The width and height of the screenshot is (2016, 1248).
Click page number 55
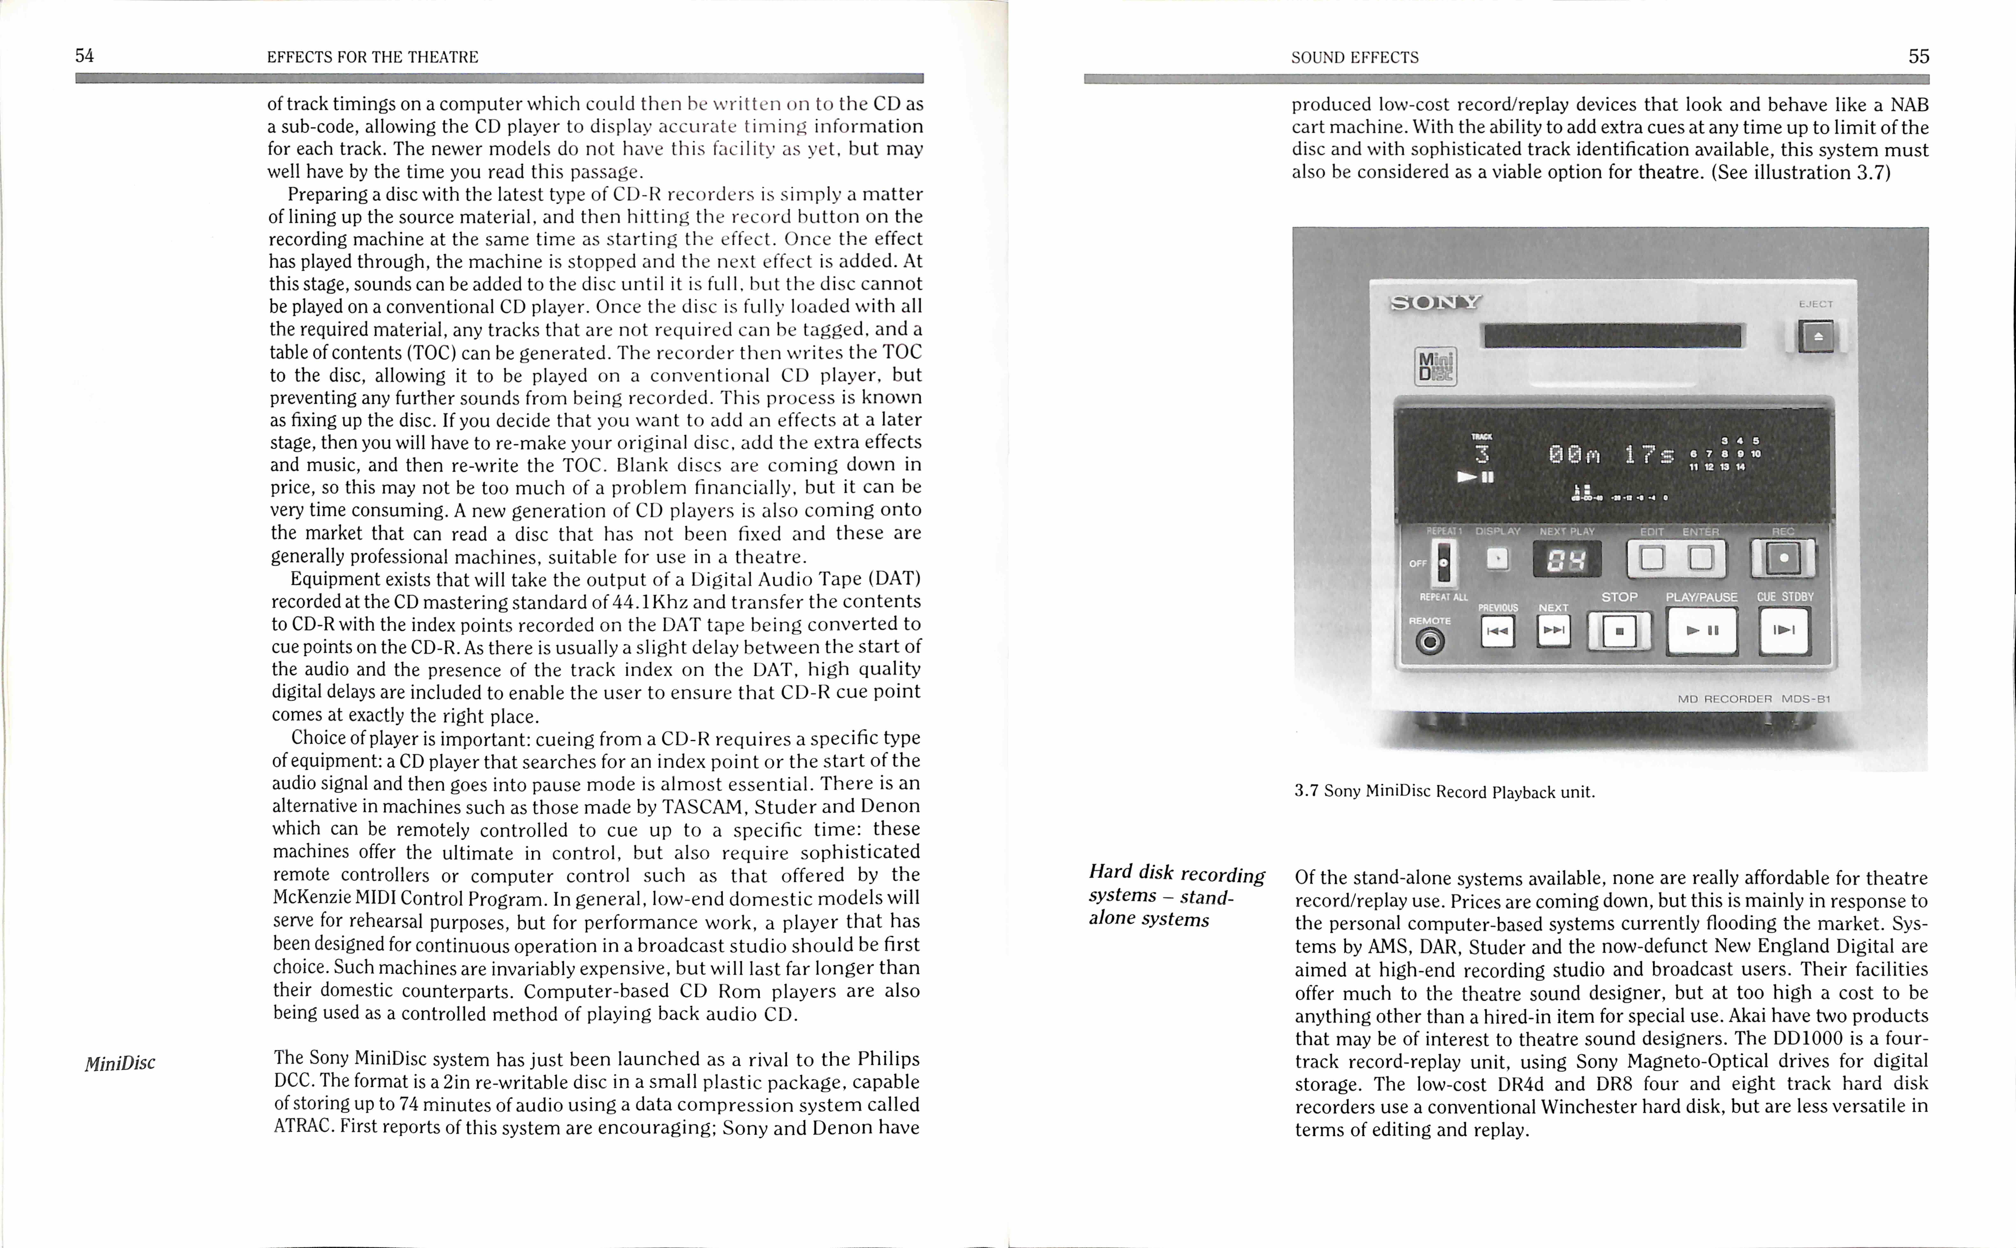tap(1918, 56)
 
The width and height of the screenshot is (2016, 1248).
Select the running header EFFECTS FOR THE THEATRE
tap(372, 57)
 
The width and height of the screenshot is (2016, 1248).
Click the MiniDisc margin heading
tap(120, 1063)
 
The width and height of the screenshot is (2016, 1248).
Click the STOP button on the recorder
tap(1619, 631)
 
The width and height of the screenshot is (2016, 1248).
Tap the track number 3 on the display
tap(1482, 454)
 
